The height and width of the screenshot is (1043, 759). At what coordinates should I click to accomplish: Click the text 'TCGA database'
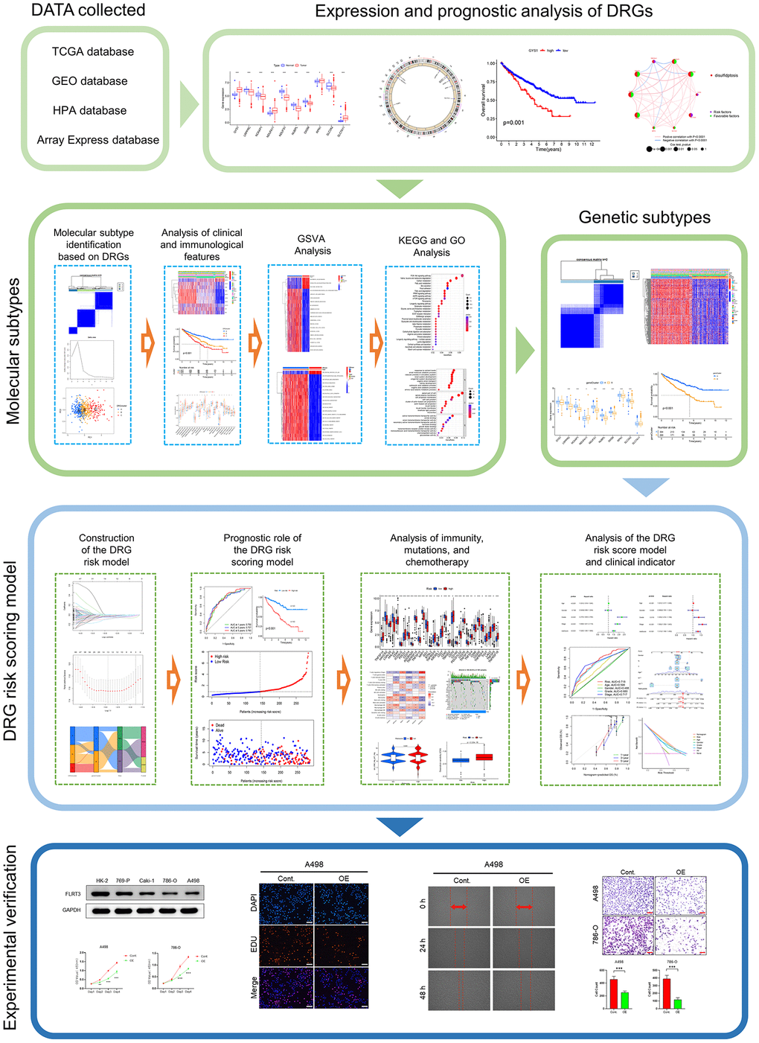(93, 51)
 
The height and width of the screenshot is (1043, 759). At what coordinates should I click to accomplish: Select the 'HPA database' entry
(89, 110)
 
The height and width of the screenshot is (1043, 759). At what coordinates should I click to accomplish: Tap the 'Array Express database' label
(98, 139)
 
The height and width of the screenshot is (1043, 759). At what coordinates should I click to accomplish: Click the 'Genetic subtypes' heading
(644, 217)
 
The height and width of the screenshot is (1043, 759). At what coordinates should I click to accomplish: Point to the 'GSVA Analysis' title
(313, 245)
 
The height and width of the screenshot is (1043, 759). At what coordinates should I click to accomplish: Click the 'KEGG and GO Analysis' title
(432, 246)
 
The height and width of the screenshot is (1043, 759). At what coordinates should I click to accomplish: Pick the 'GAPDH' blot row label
(73, 910)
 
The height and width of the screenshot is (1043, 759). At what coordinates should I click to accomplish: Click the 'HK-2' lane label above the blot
(102, 880)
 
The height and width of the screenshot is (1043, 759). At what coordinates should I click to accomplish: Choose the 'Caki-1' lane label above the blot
(147, 880)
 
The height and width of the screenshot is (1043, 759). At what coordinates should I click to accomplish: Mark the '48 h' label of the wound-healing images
(423, 992)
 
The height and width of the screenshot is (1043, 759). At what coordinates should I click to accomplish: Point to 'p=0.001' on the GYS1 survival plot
(513, 122)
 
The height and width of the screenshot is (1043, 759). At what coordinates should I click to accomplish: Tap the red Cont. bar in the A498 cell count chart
(614, 991)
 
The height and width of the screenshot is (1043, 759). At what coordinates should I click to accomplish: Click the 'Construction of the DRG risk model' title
(106, 549)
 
